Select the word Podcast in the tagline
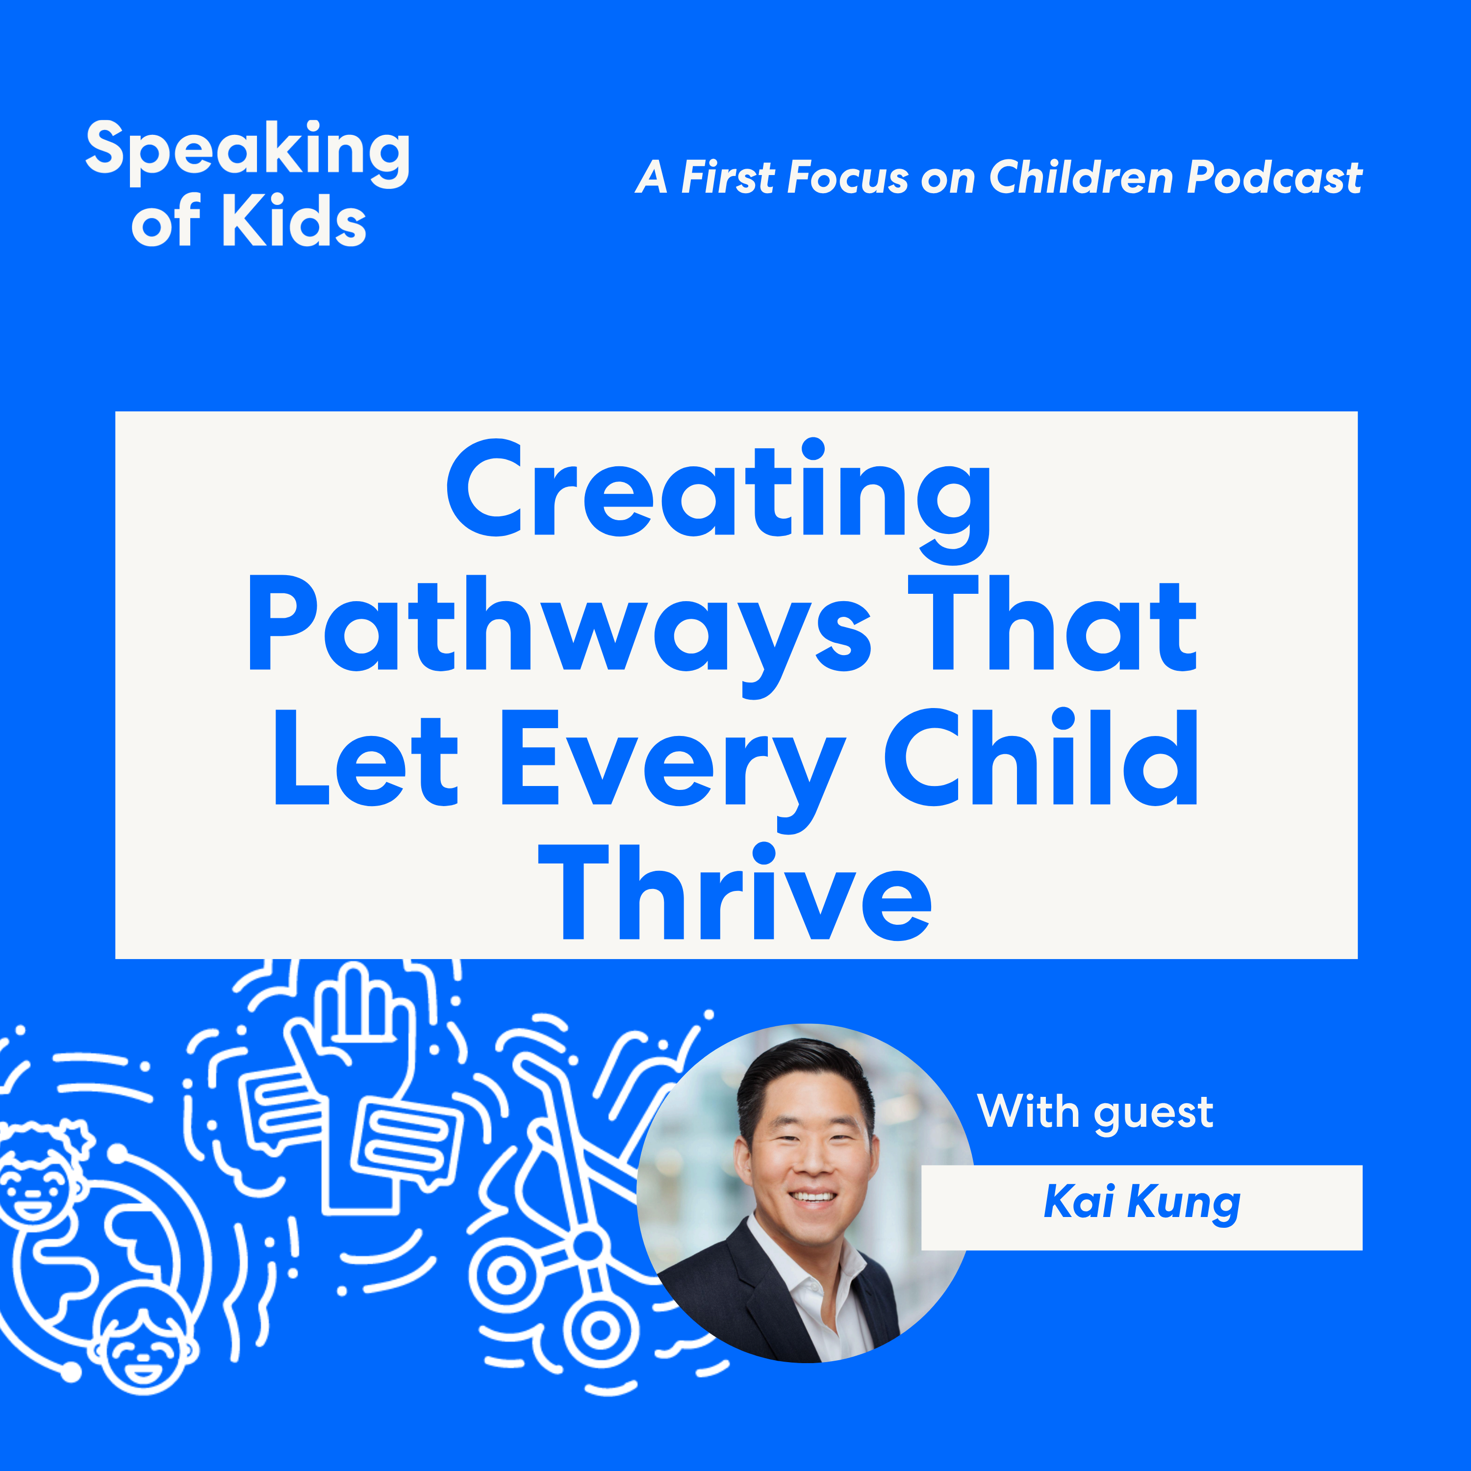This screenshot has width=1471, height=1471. (x=1274, y=178)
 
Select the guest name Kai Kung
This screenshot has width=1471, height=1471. (x=1141, y=1202)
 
